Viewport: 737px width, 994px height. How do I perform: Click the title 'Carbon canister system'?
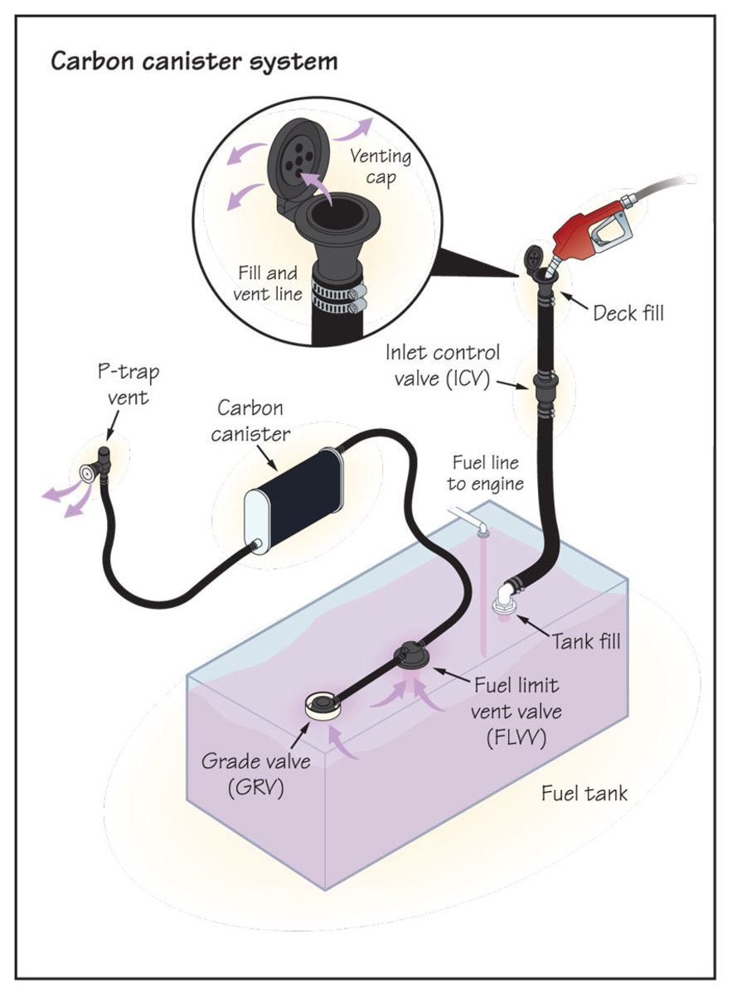(195, 61)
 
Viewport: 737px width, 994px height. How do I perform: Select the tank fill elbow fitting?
(506, 596)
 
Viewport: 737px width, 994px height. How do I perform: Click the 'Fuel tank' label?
(584, 793)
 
